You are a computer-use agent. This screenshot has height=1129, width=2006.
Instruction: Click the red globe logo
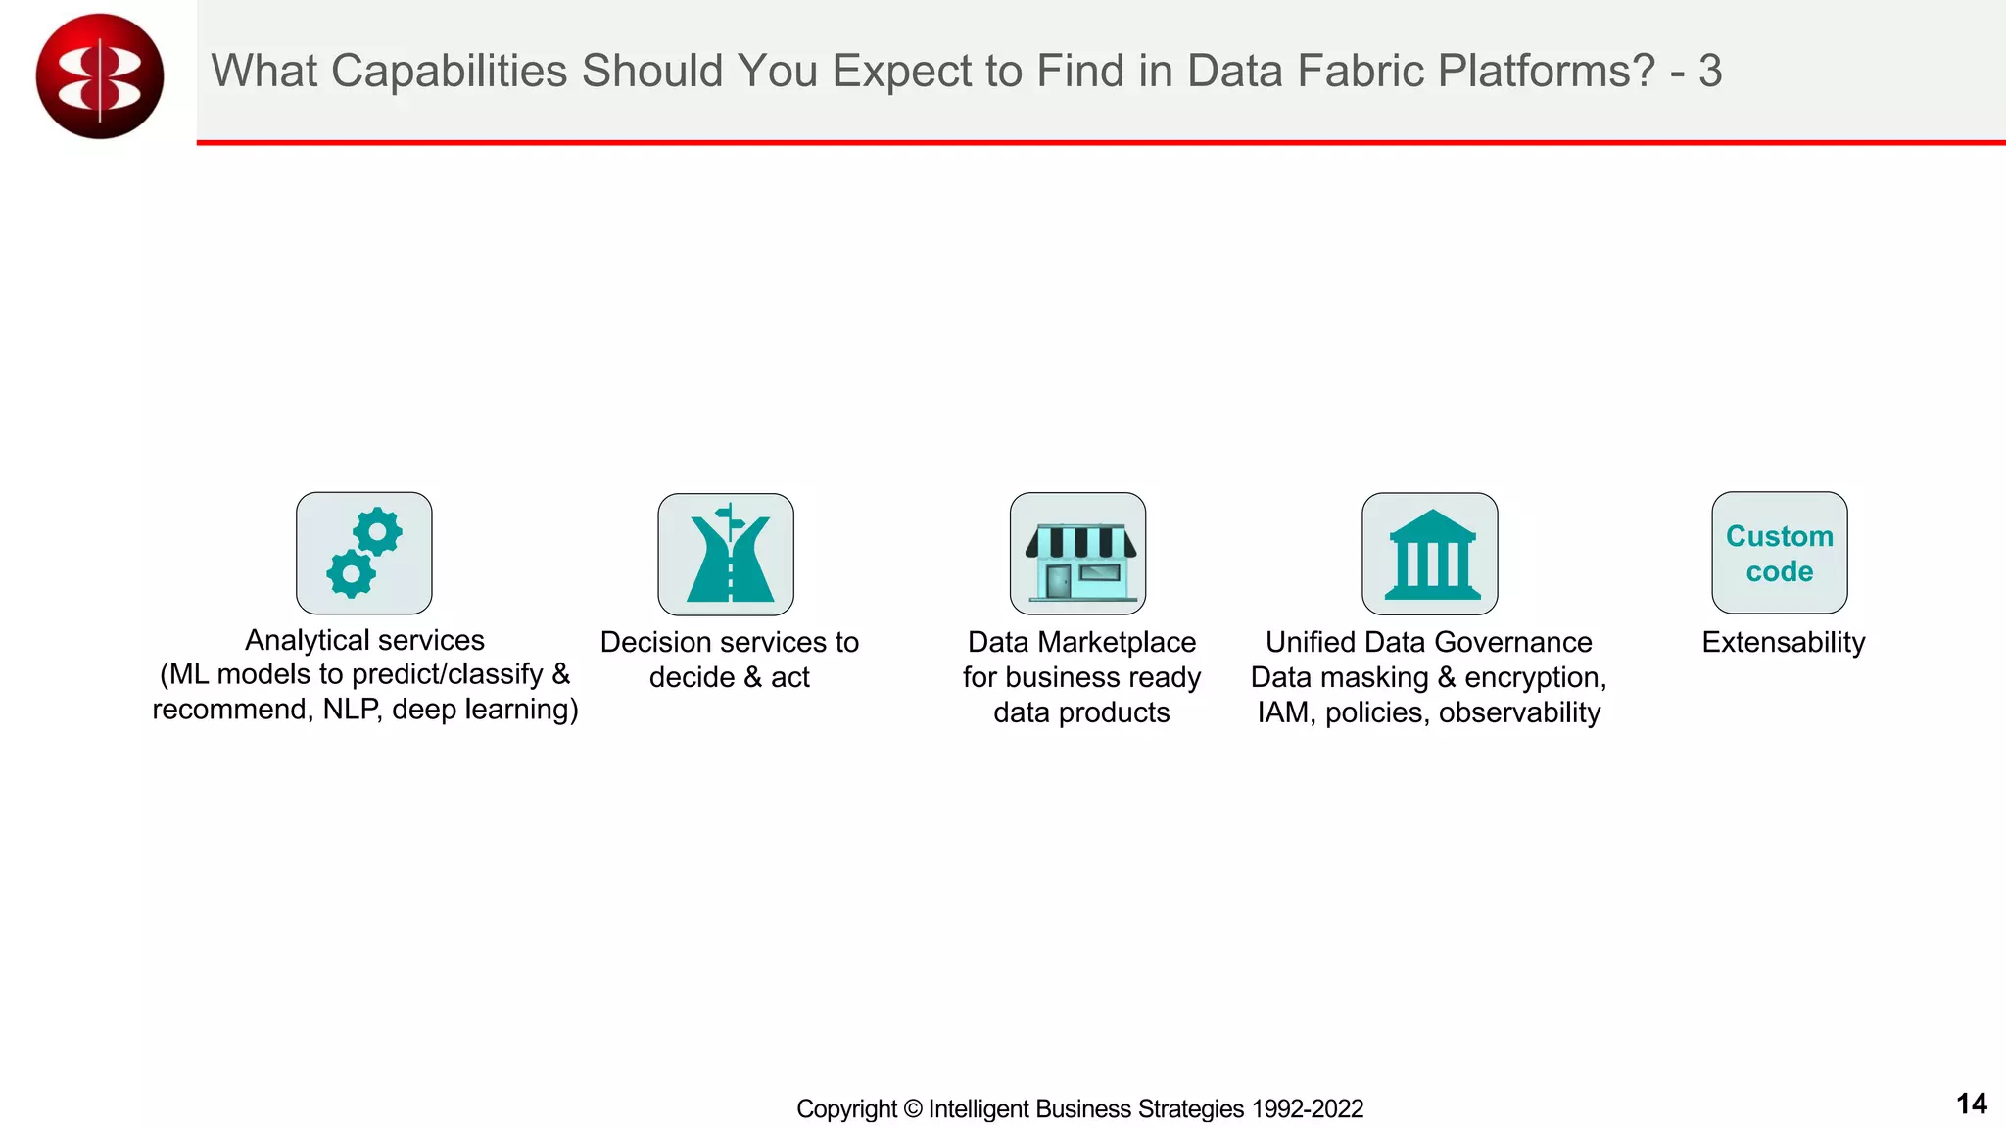(x=99, y=75)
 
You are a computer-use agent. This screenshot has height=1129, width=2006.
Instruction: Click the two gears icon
(x=363, y=553)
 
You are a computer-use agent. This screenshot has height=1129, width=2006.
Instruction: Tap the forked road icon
(x=726, y=554)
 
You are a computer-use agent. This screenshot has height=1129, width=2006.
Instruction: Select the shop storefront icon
(x=1077, y=554)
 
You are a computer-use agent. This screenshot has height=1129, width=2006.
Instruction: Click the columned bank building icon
(x=1430, y=554)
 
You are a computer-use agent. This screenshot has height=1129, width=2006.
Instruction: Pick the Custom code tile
(x=1780, y=553)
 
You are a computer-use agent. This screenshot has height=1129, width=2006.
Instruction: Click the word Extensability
(x=1783, y=642)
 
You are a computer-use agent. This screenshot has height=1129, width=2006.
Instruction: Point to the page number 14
(x=1971, y=1104)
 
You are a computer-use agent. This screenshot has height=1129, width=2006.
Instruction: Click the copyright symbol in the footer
(x=912, y=1108)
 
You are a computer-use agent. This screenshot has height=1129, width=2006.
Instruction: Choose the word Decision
(x=657, y=642)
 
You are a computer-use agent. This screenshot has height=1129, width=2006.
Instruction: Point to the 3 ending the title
(x=1709, y=71)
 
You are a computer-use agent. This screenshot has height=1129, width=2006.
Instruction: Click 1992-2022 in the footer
(x=1307, y=1108)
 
